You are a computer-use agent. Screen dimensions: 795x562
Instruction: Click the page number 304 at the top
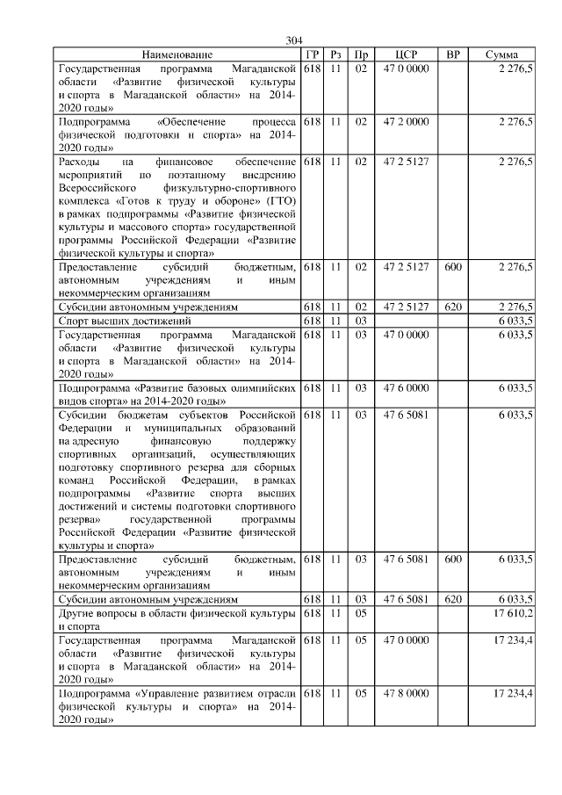point(293,40)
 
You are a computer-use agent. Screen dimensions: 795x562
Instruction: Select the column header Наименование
point(177,54)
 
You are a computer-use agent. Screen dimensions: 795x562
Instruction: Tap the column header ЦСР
point(406,54)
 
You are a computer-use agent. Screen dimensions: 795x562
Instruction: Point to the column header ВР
point(453,54)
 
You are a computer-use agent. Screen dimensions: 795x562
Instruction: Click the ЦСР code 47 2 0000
point(406,120)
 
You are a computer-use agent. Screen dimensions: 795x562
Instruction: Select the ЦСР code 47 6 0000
point(406,387)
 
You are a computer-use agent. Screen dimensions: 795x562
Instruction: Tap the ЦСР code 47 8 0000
point(406,694)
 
